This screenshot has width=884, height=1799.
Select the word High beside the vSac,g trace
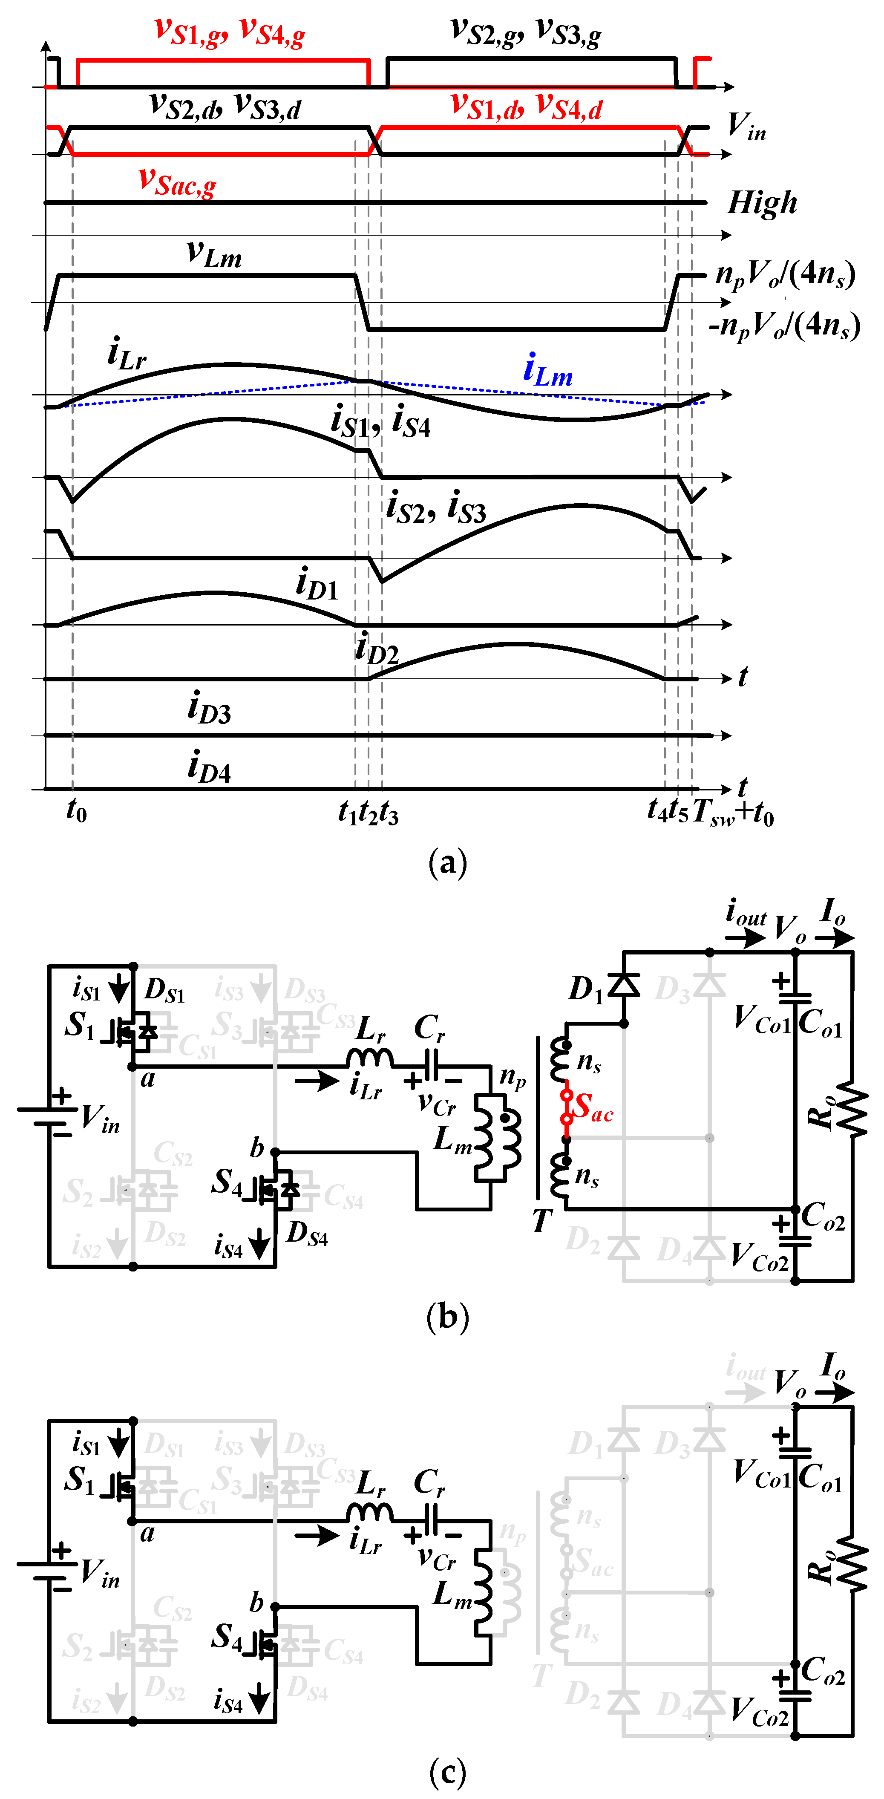tap(762, 203)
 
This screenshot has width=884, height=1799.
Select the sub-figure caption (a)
tap(447, 863)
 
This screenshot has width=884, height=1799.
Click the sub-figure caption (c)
tap(447, 1771)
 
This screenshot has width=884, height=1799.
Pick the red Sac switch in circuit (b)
tap(567, 1107)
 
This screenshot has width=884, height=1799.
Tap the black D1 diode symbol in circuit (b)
tap(624, 985)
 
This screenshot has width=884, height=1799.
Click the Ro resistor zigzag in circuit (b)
tap(852, 1109)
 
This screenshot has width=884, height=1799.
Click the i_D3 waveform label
tap(209, 707)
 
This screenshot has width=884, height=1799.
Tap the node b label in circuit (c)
tap(257, 1601)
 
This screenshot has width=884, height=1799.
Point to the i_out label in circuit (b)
tap(746, 912)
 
